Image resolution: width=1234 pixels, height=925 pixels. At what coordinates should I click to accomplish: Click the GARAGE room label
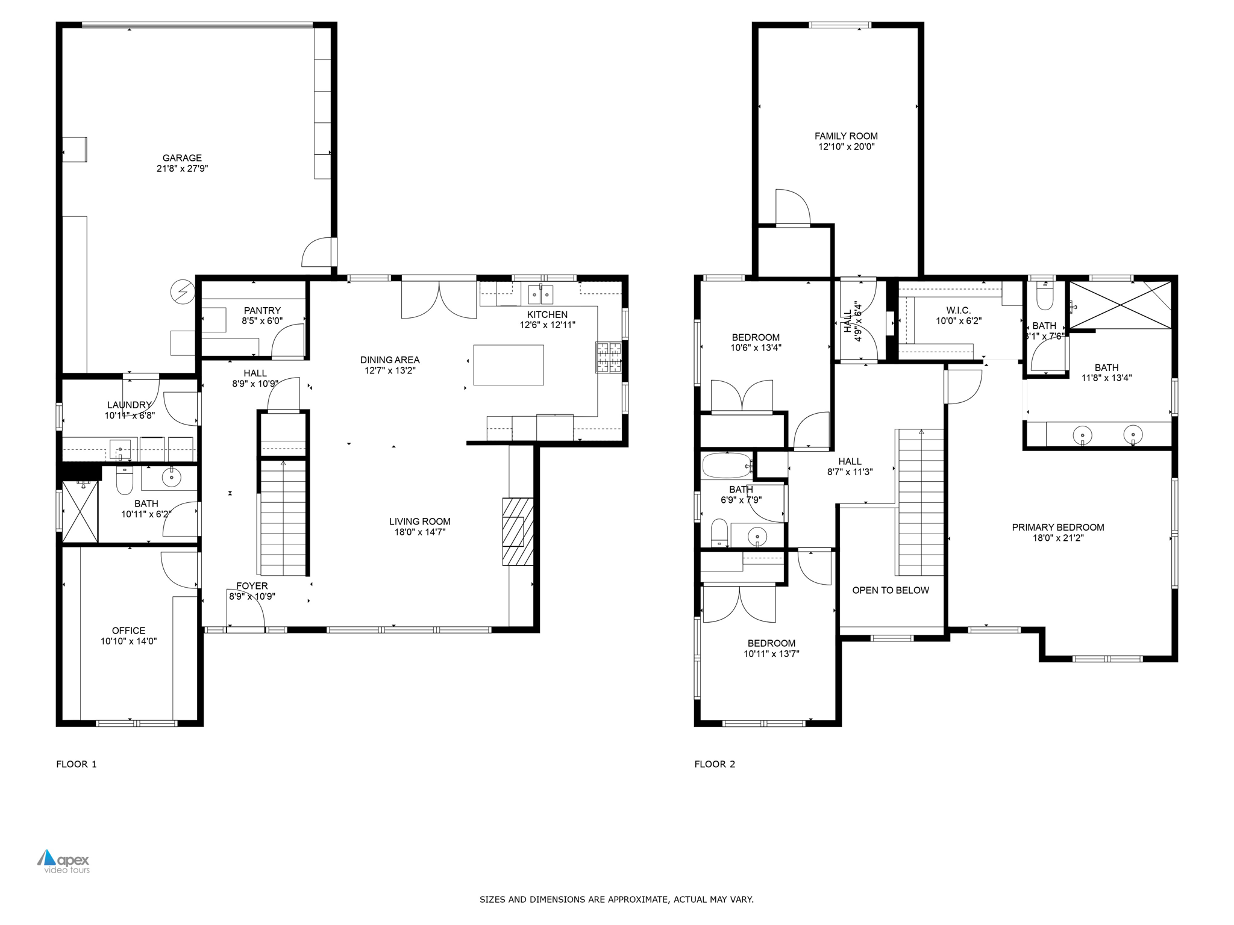(182, 158)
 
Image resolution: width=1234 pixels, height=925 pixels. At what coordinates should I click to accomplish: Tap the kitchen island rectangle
(509, 365)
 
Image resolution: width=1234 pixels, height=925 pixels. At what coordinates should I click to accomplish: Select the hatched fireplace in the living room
(518, 532)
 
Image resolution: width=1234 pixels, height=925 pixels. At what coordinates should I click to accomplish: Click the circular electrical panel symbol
(183, 292)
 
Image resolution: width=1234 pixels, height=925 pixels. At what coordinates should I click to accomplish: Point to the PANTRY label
(262, 311)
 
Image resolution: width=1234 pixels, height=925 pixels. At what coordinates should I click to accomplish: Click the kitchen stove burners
(609, 357)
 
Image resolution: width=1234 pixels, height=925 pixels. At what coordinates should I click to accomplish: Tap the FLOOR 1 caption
(77, 764)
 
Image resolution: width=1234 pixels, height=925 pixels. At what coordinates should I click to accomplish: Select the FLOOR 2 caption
(715, 764)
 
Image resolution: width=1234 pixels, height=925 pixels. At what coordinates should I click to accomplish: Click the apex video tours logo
(64, 861)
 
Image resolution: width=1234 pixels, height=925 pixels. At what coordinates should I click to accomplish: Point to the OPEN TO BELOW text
(891, 590)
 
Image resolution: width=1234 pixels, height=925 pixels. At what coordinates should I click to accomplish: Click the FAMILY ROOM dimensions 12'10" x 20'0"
(846, 146)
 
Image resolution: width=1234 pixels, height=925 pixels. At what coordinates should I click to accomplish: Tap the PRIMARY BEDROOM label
(1058, 528)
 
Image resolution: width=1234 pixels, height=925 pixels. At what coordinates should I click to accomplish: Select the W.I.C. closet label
(959, 311)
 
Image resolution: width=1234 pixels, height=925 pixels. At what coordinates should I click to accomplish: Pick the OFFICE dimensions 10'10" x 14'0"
(129, 641)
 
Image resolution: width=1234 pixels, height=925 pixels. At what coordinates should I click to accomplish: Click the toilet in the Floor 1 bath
(124, 479)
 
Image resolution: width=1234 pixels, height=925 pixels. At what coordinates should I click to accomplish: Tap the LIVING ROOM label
(420, 522)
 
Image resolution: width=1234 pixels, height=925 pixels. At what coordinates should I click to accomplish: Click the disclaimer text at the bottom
(616, 899)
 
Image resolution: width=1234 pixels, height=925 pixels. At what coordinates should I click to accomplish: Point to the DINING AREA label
(390, 360)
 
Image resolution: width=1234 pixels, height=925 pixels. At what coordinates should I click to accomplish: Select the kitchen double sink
(540, 294)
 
